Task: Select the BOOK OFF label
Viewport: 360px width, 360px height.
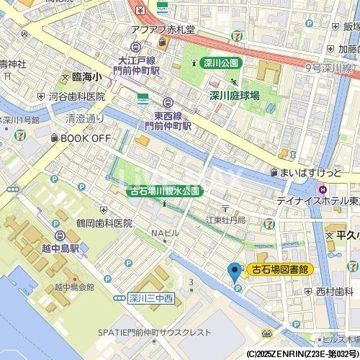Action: (85, 138)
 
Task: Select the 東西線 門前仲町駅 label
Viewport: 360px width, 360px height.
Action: (167, 120)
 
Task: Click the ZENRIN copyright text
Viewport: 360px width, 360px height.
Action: (301, 354)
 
